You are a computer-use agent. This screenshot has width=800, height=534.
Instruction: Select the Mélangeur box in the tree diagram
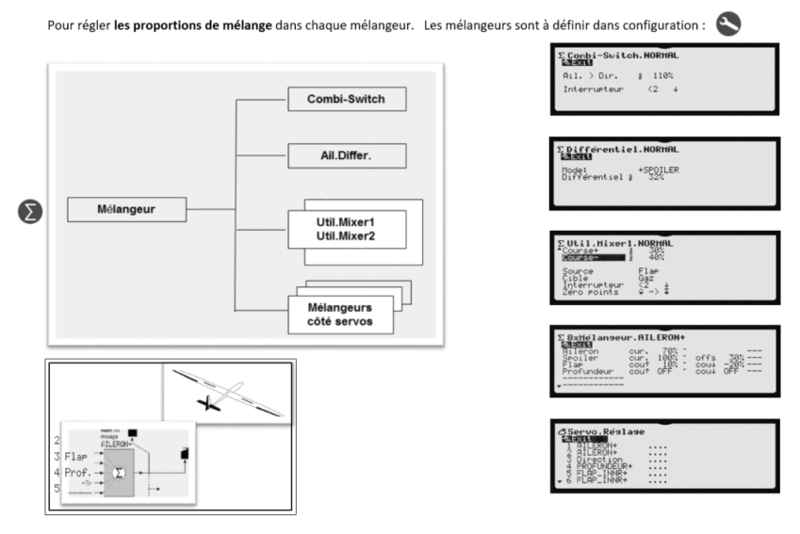point(126,210)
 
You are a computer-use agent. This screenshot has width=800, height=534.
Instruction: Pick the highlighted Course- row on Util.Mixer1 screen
point(588,256)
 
